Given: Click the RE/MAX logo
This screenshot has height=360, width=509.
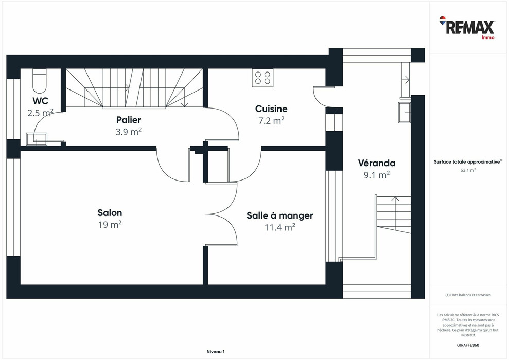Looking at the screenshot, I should pos(467,27).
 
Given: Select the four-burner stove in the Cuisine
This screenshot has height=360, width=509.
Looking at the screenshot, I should pos(262,78).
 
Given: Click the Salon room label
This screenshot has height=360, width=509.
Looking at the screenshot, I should pos(110,213).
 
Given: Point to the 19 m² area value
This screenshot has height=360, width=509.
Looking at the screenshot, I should pos(110,225).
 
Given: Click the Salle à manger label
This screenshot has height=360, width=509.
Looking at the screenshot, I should pos(279,215).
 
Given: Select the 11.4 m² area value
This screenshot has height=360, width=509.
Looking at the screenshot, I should pos(279,227).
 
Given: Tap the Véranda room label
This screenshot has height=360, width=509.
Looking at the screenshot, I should pos(377,163).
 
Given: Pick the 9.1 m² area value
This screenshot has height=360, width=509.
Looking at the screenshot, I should pos(377,175).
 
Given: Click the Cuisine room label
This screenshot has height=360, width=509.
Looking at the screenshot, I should pos(271,109).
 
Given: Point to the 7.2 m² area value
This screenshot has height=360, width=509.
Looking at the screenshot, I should pos(271,120).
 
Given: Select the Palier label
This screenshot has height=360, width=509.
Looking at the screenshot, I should pos(128,120).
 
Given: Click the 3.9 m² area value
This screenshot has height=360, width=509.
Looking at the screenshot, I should pos(128,132).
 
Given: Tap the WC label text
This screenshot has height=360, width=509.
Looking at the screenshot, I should pos(40,100).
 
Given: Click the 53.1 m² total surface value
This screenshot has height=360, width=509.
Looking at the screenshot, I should pos(468,170).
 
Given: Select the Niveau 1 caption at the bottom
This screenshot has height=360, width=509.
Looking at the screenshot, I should pos(215,351).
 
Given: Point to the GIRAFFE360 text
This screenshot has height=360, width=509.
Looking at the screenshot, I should pos(468,345).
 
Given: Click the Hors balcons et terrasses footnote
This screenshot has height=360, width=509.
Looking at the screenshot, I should pos(468,295).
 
